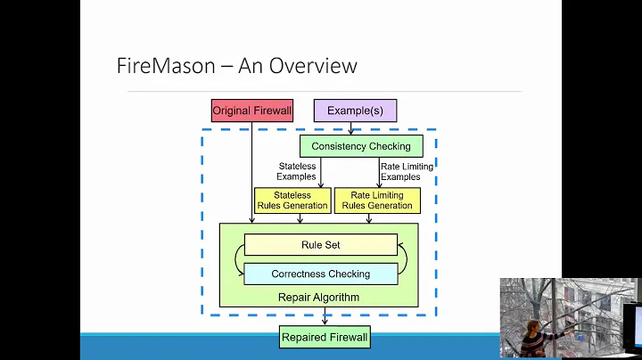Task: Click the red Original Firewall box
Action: pyautogui.click(x=251, y=110)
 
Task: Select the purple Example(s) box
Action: pyautogui.click(x=355, y=110)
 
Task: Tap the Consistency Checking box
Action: pyautogui.click(x=361, y=146)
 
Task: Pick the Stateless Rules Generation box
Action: pyautogui.click(x=292, y=200)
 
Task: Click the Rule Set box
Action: pyautogui.click(x=320, y=245)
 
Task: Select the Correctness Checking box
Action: pyautogui.click(x=320, y=274)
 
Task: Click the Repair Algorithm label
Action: pyautogui.click(x=318, y=298)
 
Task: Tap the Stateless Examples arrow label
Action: pyautogui.click(x=296, y=171)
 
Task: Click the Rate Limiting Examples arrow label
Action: pyautogui.click(x=407, y=171)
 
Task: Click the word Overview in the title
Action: pyautogui.click(x=315, y=66)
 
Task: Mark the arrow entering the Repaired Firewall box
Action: pyautogui.click(x=325, y=317)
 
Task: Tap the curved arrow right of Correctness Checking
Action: pyautogui.click(x=404, y=259)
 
